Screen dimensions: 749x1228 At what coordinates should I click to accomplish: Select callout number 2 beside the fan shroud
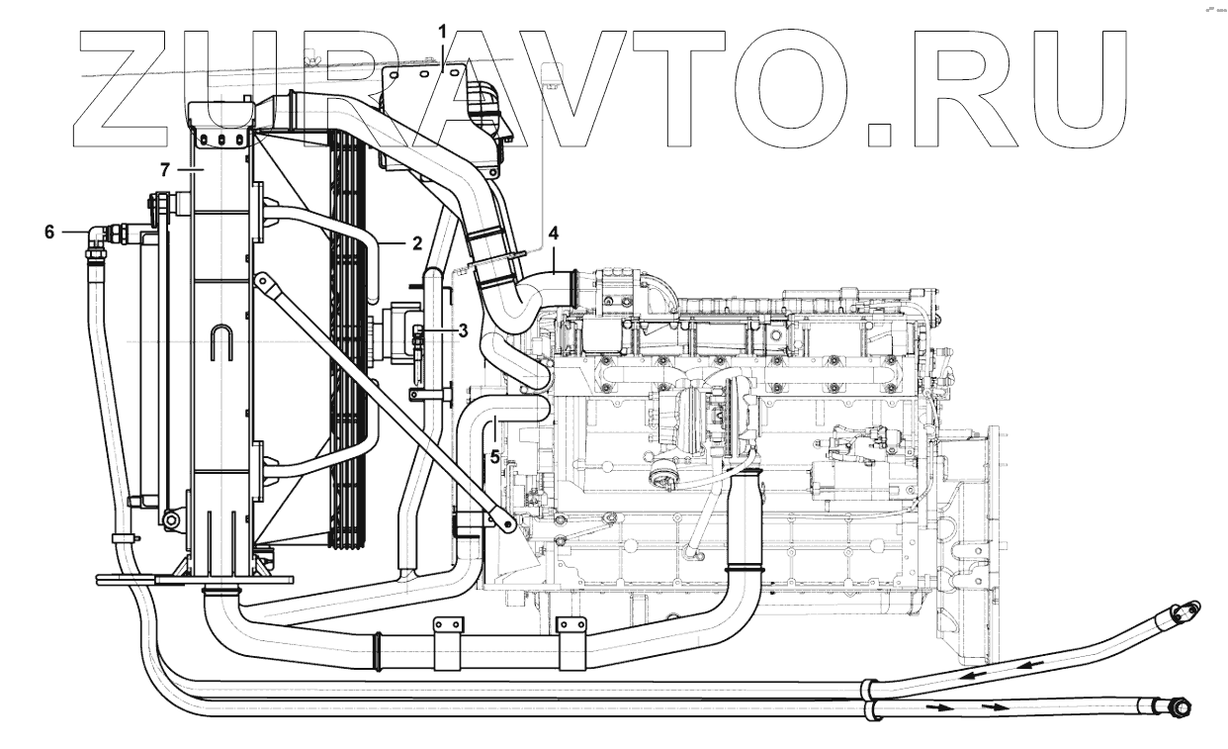(x=391, y=241)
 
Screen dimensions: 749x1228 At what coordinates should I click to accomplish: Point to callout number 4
(x=555, y=234)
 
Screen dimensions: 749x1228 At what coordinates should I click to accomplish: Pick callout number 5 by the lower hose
(x=493, y=458)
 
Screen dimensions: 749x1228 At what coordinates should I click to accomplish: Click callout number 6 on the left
(x=48, y=233)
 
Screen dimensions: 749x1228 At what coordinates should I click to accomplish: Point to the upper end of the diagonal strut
(x=262, y=283)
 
